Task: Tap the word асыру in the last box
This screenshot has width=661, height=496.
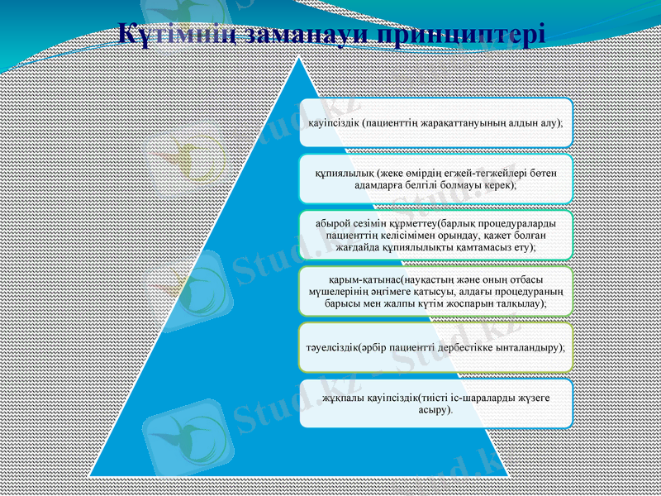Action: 434,410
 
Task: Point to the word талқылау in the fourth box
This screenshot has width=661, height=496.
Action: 521,303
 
